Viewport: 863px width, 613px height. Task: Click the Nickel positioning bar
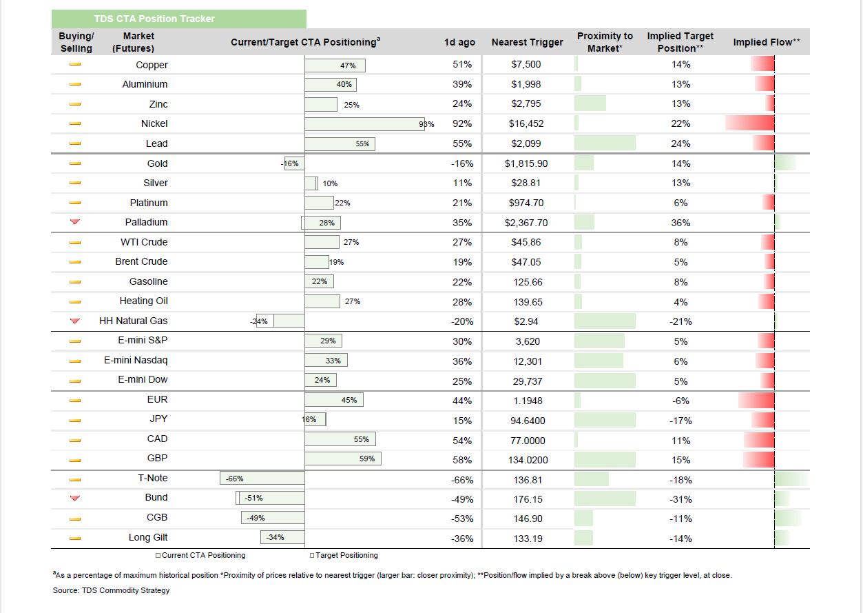pos(364,124)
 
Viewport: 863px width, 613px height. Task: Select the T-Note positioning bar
pos(262,478)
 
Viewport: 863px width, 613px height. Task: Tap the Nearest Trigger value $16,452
pos(526,124)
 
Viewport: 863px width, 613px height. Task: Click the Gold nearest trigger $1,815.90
pos(526,163)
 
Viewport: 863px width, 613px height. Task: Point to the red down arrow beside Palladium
pos(75,222)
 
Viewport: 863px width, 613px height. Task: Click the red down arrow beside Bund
pos(75,498)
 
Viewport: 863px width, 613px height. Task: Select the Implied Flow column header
pos(767,42)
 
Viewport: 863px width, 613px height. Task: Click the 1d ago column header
pos(459,42)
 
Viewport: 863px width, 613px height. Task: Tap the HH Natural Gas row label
pos(134,321)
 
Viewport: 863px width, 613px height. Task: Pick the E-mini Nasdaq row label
pos(136,361)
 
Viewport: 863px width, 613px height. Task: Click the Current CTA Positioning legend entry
pos(200,555)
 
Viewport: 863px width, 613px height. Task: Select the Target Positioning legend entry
pos(344,555)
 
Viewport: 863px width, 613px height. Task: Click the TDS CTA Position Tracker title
pos(154,19)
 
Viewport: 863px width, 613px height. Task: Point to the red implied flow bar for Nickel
pos(750,123)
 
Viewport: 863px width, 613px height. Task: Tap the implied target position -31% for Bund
pos(680,499)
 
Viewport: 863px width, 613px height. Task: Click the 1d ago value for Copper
pos(462,64)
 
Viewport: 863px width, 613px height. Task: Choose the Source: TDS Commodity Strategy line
pos(111,590)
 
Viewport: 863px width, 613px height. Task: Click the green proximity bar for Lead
pos(605,143)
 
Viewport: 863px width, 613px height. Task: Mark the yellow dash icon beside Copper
pos(75,64)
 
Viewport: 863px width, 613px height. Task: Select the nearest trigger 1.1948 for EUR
pos(528,401)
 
